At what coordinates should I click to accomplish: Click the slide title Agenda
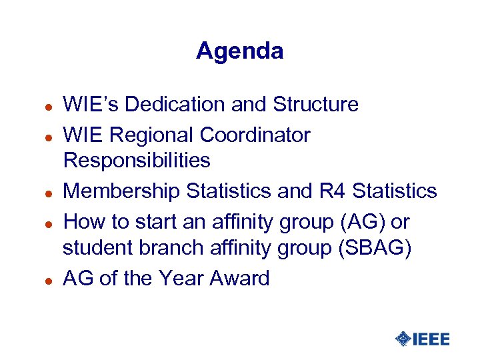click(239, 51)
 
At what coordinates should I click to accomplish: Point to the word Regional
click(151, 135)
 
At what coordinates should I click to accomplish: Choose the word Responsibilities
click(137, 160)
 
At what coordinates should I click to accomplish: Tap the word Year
click(182, 278)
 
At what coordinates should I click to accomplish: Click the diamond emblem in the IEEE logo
click(403, 339)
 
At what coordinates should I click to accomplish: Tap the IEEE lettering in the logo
click(431, 339)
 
